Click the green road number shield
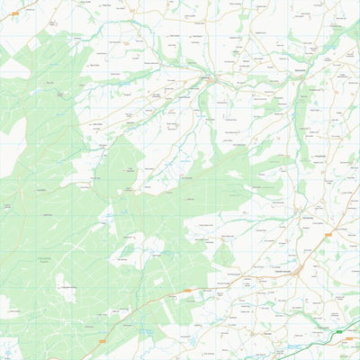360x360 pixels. click(338, 332)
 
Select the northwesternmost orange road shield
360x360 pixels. click(14, 13)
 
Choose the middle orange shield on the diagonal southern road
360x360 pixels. click(187, 291)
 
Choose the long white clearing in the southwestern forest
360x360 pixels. click(126, 247)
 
